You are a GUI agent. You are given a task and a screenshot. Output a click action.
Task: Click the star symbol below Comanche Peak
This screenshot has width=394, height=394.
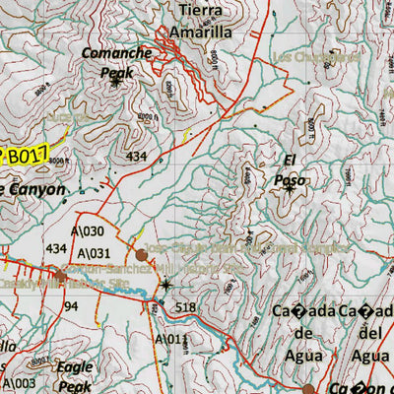[x=115, y=83]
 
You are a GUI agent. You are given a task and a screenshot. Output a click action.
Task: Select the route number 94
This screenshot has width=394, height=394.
[x=71, y=306]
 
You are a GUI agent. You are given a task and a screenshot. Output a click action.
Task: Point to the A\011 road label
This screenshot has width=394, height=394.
[x=168, y=339]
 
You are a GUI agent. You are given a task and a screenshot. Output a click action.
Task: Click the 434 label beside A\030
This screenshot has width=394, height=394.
[x=56, y=248]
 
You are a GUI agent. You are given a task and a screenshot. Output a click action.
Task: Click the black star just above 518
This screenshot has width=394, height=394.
[x=165, y=286]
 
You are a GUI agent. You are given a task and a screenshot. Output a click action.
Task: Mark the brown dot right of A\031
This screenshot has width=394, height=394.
[x=142, y=255]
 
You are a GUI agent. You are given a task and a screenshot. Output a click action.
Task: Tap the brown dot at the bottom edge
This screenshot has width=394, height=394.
[x=308, y=389]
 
